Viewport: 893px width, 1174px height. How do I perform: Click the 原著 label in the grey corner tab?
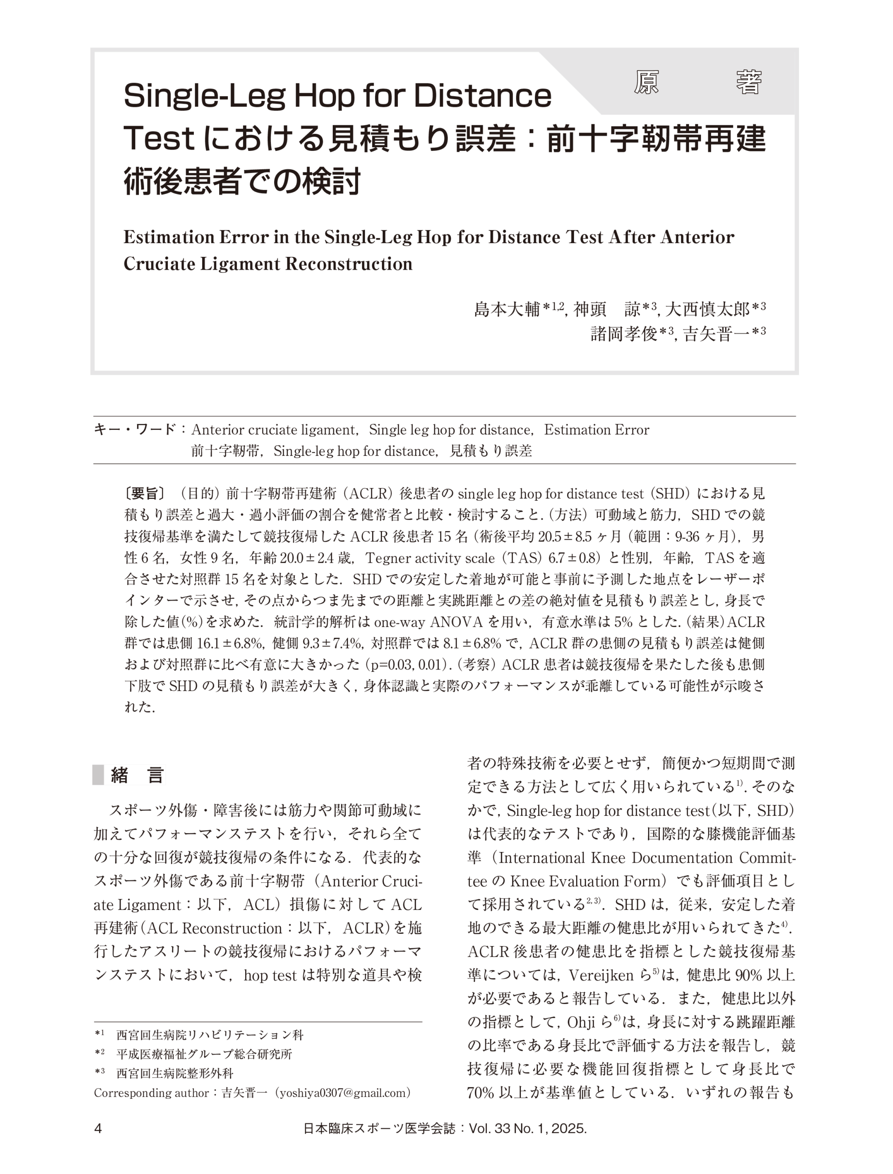click(697, 83)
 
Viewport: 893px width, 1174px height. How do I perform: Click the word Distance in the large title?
click(482, 97)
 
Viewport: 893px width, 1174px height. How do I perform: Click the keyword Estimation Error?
click(596, 430)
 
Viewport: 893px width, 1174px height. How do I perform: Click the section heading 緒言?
click(137, 775)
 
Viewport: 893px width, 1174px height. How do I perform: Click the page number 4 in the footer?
click(98, 1128)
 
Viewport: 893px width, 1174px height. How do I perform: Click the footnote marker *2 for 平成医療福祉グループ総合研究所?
click(99, 1053)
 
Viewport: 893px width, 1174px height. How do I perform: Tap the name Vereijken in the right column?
click(601, 975)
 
